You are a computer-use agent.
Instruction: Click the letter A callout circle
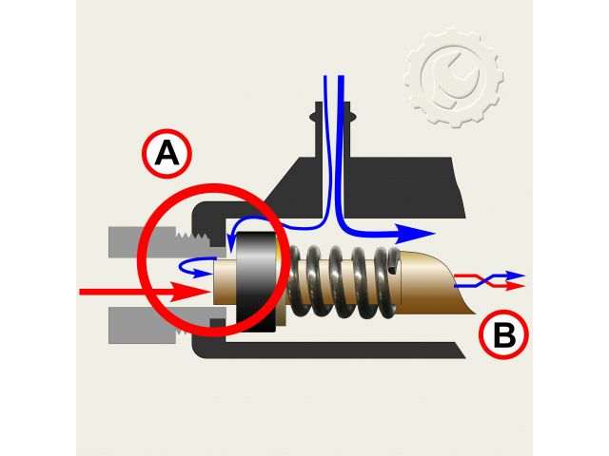coord(167,155)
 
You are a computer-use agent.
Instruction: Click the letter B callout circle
coord(504,334)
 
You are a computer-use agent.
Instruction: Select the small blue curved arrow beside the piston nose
coord(195,264)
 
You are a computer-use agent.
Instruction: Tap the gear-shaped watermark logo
coord(453,77)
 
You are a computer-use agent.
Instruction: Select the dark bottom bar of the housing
coord(333,351)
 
